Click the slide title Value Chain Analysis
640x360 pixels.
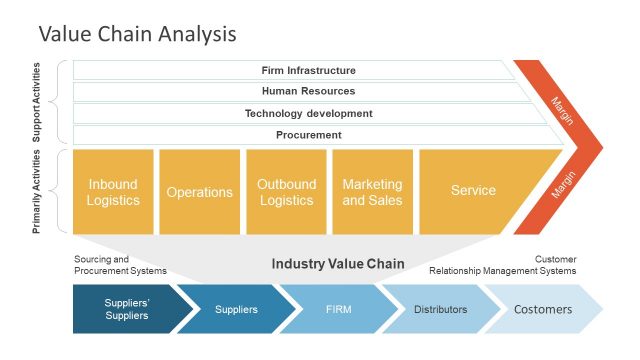click(x=137, y=33)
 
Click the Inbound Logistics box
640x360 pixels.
click(x=113, y=191)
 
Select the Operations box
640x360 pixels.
click(x=199, y=191)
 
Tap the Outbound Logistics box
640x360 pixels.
click(x=286, y=191)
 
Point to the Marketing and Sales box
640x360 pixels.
click(x=372, y=191)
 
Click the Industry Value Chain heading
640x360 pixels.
click(x=338, y=264)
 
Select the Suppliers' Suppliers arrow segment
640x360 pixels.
click(x=126, y=309)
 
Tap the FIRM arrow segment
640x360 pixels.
click(x=338, y=309)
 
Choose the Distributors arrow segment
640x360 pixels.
click(x=440, y=309)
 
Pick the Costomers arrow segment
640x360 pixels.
click(x=543, y=309)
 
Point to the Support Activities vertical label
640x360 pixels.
click(x=37, y=102)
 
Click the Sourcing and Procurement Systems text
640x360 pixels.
click(x=120, y=265)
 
